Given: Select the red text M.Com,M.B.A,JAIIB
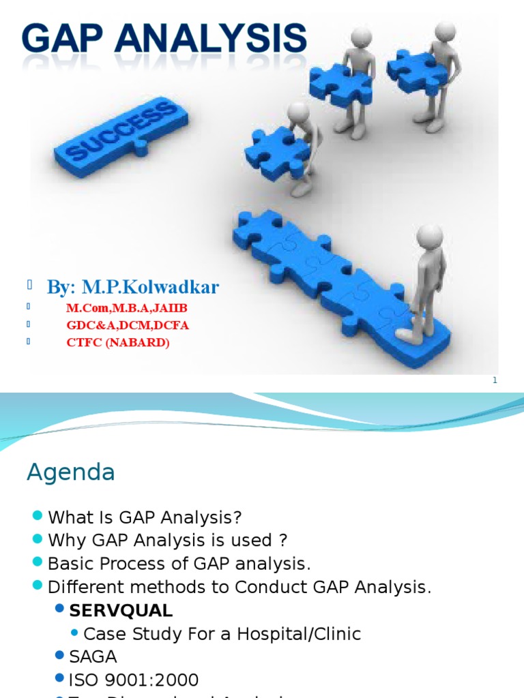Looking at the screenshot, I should click(x=127, y=308).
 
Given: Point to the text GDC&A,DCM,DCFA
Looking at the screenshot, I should click(x=128, y=325).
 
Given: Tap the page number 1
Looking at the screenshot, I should click(x=495, y=380).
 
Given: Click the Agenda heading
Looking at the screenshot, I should click(x=70, y=472).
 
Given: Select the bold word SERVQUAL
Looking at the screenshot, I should click(x=121, y=609).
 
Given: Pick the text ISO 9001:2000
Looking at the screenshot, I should click(x=134, y=680).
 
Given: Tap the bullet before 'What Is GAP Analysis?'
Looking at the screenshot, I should click(x=37, y=515).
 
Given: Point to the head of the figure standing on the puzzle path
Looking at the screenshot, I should click(x=430, y=237).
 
